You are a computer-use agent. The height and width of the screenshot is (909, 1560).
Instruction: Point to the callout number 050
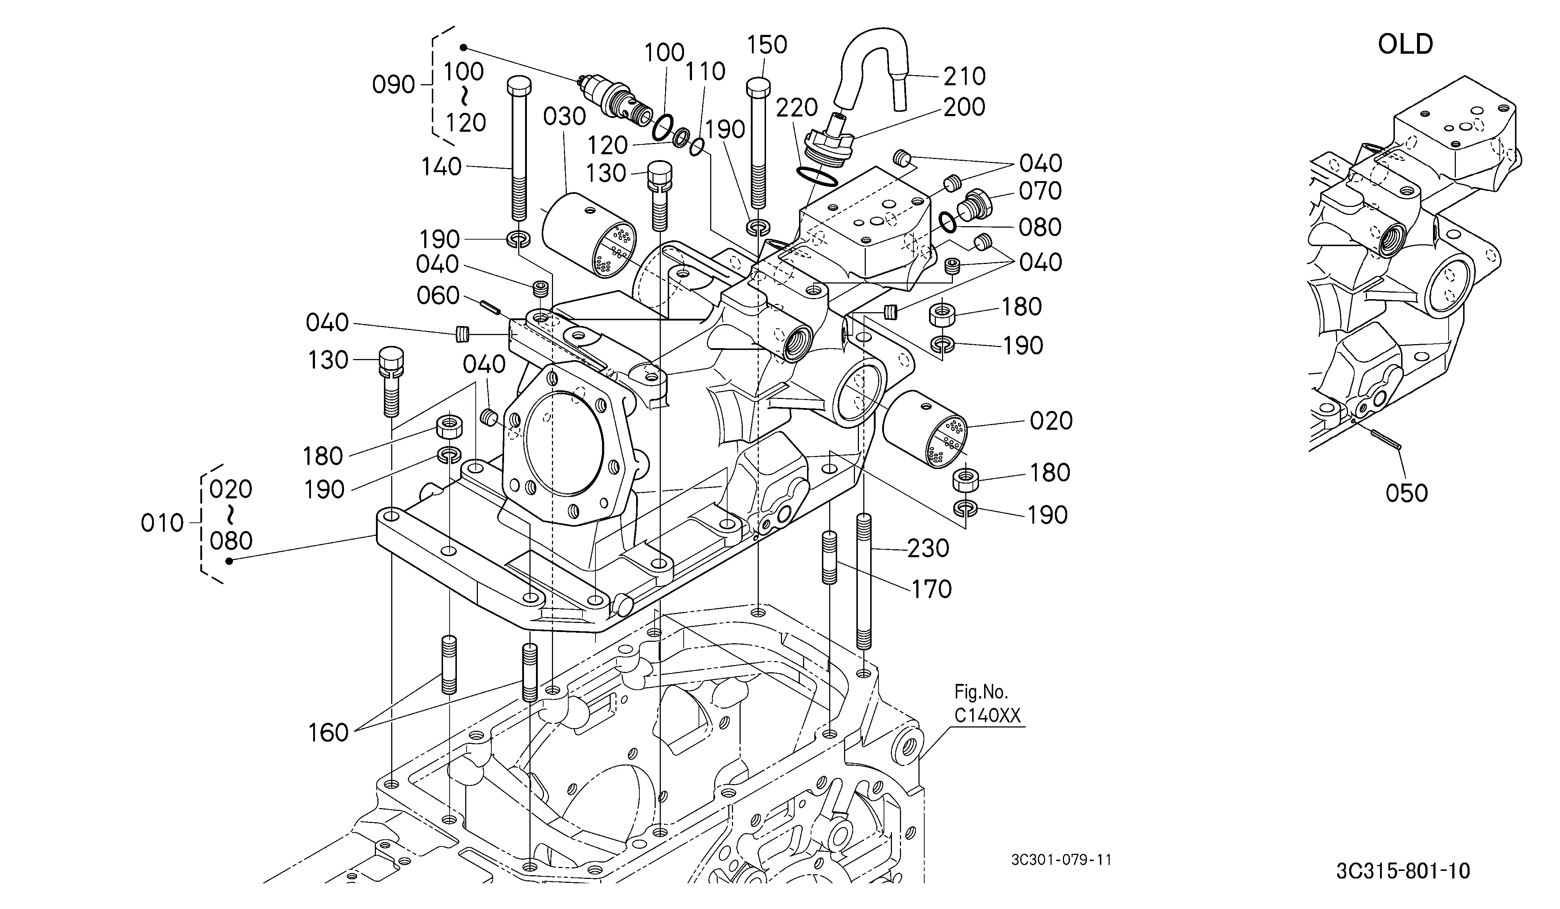click(1407, 493)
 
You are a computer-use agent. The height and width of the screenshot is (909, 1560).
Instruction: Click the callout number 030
click(565, 117)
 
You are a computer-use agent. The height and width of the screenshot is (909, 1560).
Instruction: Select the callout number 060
click(438, 296)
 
